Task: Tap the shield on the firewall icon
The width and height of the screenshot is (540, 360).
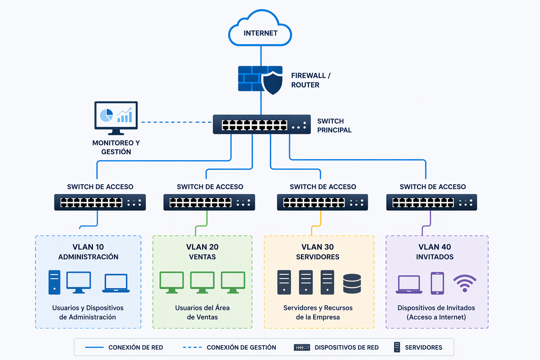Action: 272,83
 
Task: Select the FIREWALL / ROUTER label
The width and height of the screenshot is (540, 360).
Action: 310,80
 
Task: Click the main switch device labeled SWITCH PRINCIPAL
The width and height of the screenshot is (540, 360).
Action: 262,124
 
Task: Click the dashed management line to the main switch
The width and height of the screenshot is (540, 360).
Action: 176,122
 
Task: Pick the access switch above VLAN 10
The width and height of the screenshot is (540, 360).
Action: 100,202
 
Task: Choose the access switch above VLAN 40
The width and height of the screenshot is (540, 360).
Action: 431,202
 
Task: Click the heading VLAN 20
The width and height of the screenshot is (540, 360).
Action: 202,247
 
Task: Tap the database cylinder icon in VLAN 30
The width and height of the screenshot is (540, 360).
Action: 352,283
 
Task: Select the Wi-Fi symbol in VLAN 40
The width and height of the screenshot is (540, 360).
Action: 465,283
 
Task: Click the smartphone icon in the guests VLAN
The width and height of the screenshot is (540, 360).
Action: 437,283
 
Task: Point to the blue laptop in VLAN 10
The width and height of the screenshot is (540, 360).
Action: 116,283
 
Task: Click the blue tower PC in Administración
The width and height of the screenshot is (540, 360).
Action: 54,282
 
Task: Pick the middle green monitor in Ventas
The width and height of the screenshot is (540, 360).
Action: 202,282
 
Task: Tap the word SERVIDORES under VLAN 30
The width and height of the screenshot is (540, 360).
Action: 317,257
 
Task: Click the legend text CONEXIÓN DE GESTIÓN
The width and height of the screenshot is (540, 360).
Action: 241,347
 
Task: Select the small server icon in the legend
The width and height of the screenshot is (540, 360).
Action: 397,347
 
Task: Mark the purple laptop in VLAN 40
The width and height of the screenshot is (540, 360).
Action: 409,284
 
